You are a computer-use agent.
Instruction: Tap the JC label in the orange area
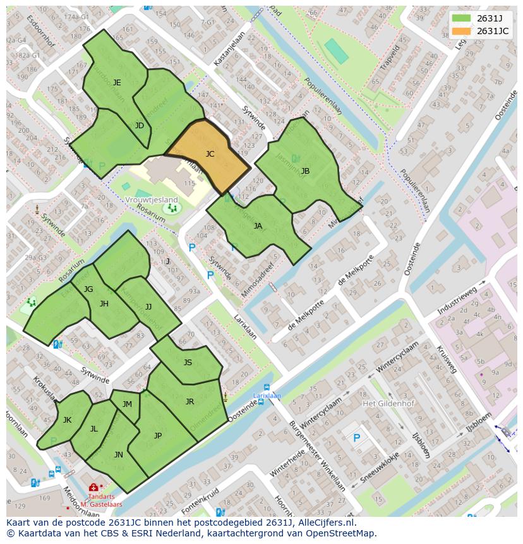(x=210, y=154)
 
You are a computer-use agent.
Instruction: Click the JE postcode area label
(x=117, y=83)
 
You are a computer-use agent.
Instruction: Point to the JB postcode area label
(x=305, y=171)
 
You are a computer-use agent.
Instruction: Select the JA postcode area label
(x=258, y=226)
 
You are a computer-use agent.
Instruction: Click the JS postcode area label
(x=188, y=363)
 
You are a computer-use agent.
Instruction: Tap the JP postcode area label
(x=158, y=435)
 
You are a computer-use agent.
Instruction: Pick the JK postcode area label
(x=67, y=420)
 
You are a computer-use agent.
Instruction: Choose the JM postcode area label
(x=127, y=404)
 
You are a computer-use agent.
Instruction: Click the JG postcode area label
(x=88, y=289)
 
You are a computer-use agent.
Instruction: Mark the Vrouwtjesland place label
(x=152, y=200)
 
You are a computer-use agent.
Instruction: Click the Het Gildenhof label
(x=385, y=403)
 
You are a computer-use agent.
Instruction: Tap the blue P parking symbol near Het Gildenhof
(x=356, y=438)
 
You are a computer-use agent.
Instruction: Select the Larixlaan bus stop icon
(x=267, y=387)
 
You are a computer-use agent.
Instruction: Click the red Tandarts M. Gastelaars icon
(x=93, y=487)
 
